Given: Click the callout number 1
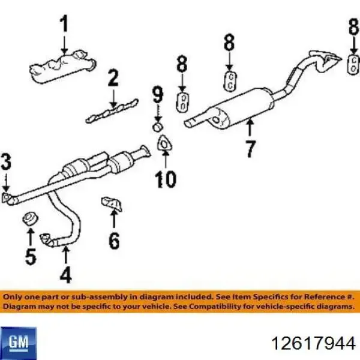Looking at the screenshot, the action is pyautogui.click(x=64, y=23).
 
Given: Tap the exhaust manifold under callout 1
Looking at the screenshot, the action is pyautogui.click(x=62, y=67).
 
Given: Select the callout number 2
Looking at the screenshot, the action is pyautogui.click(x=113, y=78).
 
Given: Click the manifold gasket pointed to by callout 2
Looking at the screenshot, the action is pyautogui.click(x=112, y=112).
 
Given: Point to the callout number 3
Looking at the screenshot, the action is pyautogui.click(x=6, y=161).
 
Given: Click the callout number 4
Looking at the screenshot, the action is pyautogui.click(x=65, y=274).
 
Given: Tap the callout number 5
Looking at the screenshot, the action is pyautogui.click(x=31, y=256).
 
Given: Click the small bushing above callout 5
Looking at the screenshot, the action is pyautogui.click(x=31, y=219).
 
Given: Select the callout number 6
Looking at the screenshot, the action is pyautogui.click(x=114, y=241).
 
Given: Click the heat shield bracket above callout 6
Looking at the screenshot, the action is pyautogui.click(x=112, y=203).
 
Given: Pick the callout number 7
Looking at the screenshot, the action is pyautogui.click(x=250, y=149).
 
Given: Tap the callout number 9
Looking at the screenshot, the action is pyautogui.click(x=158, y=94).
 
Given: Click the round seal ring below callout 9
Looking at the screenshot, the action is pyautogui.click(x=158, y=127).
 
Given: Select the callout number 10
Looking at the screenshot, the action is pyautogui.click(x=166, y=179).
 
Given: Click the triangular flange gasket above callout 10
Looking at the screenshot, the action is pyautogui.click(x=164, y=143).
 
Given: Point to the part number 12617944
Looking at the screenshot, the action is pyautogui.click(x=314, y=344).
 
